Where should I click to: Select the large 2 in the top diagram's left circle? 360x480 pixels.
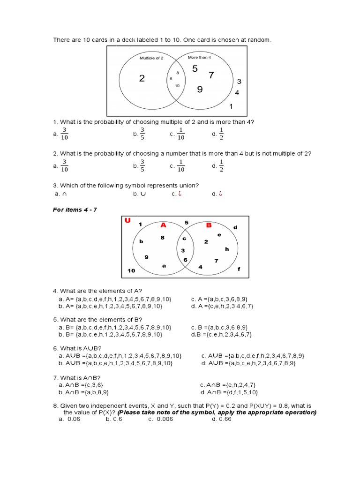click(x=142, y=78)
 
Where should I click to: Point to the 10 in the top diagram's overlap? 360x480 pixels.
click(x=177, y=86)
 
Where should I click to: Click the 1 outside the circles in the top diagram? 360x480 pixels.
click(x=231, y=106)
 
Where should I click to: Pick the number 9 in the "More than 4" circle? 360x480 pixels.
click(x=200, y=89)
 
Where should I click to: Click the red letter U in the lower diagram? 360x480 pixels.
click(x=127, y=221)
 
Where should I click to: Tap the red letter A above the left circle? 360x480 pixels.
click(x=163, y=225)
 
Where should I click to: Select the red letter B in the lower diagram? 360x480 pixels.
click(x=209, y=225)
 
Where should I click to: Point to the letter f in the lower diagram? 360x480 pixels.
click(x=239, y=269)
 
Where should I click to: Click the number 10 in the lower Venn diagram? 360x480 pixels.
click(x=131, y=270)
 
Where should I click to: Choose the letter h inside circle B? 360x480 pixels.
click(x=227, y=249)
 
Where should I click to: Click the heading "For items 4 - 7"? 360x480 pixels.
click(x=75, y=209)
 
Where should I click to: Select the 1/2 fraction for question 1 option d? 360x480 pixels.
click(x=222, y=134)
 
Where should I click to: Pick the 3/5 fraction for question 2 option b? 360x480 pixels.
click(x=142, y=165)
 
